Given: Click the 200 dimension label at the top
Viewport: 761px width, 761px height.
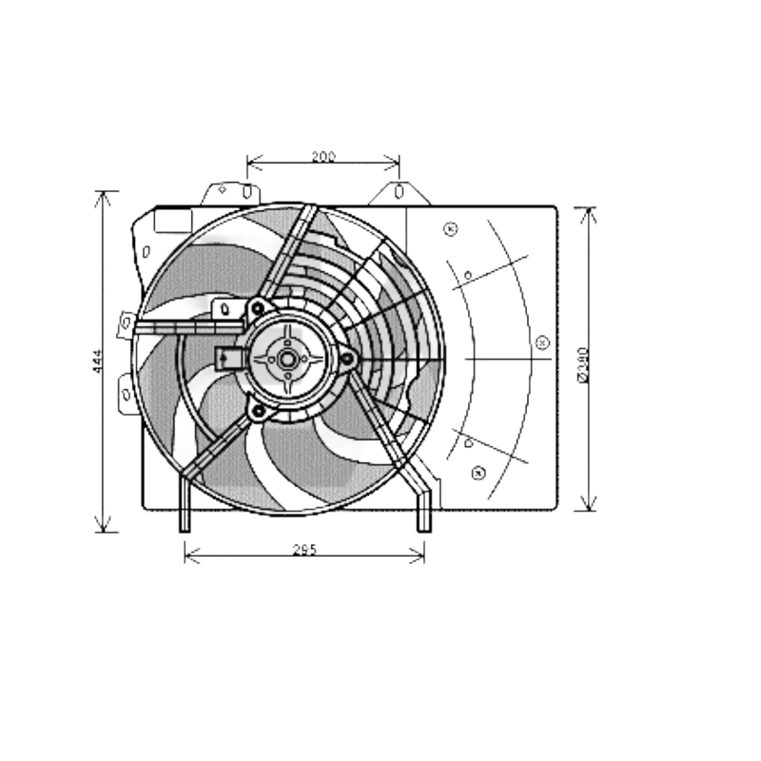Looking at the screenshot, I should tap(323, 157).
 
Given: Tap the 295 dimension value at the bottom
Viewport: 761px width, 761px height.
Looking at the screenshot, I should tap(303, 549).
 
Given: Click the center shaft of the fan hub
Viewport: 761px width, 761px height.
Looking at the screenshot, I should tap(286, 359).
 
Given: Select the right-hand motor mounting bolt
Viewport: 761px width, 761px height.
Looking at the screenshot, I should tap(347, 359).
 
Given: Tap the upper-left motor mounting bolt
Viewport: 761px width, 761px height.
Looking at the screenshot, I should tap(257, 307).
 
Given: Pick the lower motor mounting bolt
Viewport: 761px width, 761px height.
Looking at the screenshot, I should tap(257, 410).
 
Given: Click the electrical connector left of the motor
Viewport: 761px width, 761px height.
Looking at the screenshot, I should tap(227, 358).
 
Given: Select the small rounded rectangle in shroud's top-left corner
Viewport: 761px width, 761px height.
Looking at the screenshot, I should tap(172, 221).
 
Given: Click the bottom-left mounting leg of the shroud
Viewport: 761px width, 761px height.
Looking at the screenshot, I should tap(185, 509).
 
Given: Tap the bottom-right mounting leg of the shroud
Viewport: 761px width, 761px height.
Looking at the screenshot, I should tap(424, 509).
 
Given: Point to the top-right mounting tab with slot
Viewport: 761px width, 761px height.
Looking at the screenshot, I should tap(399, 193).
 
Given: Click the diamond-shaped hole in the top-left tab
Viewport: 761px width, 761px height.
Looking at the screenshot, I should tap(222, 189).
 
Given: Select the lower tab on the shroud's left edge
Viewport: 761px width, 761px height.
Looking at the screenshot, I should tap(126, 393).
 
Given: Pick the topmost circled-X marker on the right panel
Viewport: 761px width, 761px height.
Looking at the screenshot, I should tap(451, 228).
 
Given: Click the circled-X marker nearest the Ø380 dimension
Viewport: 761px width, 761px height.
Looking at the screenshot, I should tap(542, 341).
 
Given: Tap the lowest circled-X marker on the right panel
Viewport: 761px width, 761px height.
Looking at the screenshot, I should tap(478, 473).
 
